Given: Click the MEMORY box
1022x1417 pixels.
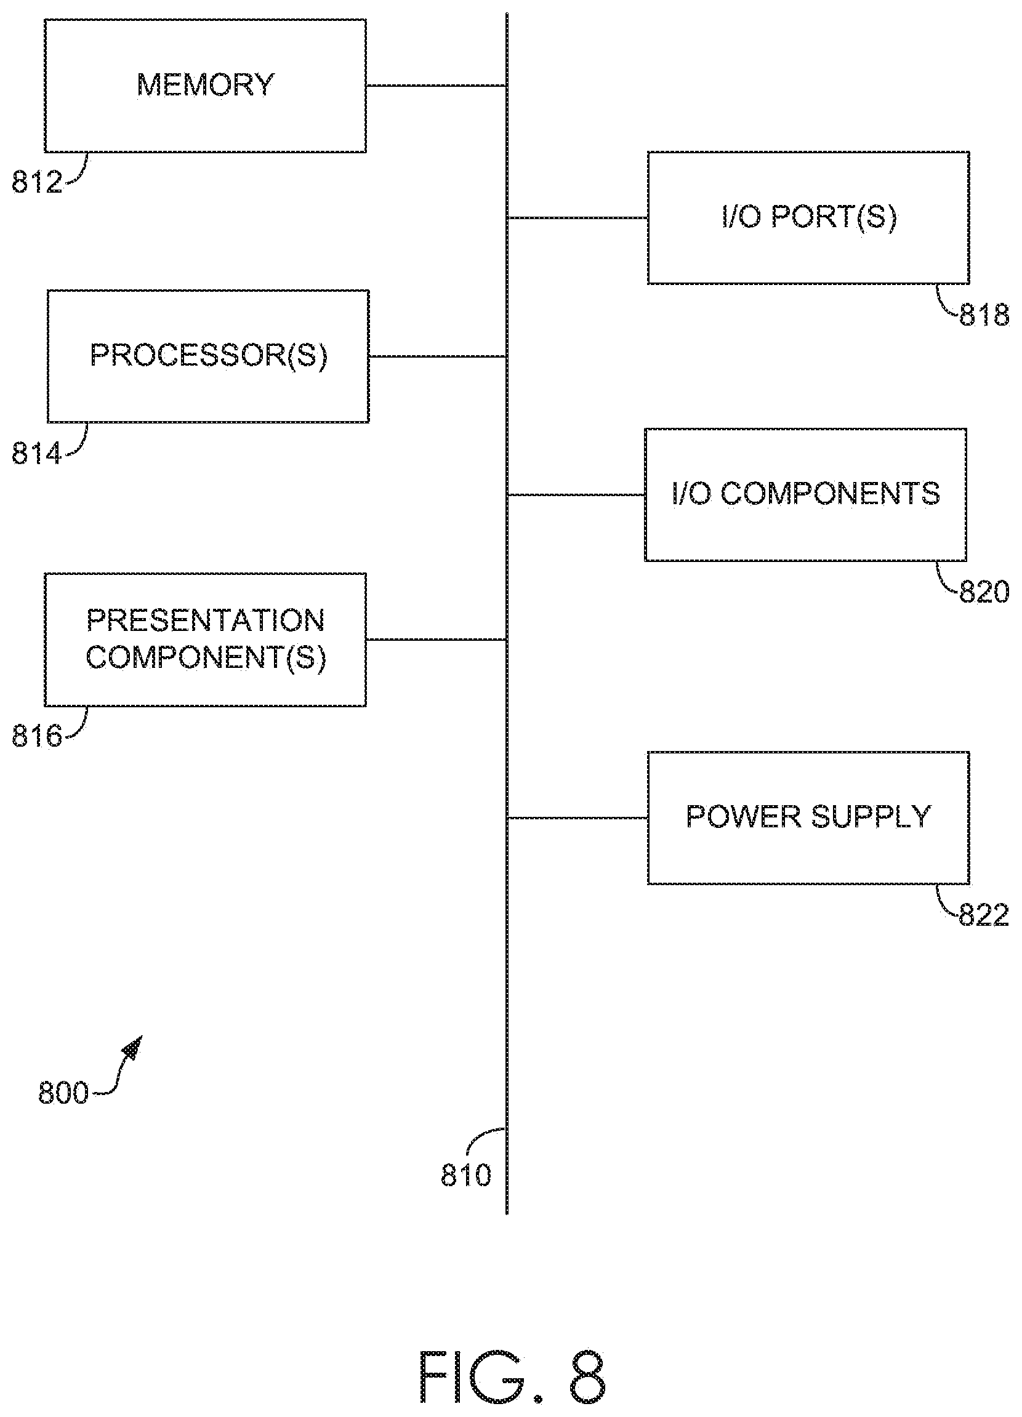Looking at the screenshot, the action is [x=205, y=86].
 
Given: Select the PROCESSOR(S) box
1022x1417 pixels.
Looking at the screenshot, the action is [x=208, y=356].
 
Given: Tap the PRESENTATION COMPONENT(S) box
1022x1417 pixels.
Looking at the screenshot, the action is [x=205, y=639].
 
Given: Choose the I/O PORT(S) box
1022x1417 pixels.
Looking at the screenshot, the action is [x=808, y=217].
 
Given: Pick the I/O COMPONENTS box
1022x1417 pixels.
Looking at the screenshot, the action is [x=806, y=494].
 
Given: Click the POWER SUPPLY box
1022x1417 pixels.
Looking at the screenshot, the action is [x=808, y=817].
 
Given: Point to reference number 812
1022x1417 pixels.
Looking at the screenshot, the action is [x=37, y=182].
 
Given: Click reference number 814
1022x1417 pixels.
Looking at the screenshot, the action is [x=37, y=453].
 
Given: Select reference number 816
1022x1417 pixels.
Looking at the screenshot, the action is [x=37, y=736].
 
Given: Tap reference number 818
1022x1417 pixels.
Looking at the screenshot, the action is [x=984, y=315].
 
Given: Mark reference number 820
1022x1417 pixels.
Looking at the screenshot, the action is [x=984, y=592].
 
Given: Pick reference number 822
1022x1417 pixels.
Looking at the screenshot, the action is [x=984, y=915].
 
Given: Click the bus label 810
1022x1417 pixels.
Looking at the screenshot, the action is [x=465, y=1174].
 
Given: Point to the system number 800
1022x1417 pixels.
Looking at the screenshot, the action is [x=63, y=1093].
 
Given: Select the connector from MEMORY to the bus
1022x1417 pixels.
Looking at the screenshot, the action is [x=437, y=86].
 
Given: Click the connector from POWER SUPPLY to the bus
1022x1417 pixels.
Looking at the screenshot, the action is [x=577, y=817].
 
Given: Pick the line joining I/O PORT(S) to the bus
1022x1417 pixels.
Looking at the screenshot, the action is [x=577, y=217].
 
